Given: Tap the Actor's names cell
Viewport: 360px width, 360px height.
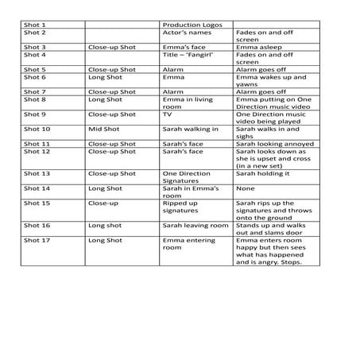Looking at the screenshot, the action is tap(186, 33).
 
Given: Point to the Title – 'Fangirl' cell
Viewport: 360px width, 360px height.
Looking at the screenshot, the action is tap(190, 55).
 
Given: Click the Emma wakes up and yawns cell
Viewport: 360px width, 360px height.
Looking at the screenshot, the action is tap(270, 81).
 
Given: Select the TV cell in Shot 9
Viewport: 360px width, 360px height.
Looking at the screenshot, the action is tap(168, 114).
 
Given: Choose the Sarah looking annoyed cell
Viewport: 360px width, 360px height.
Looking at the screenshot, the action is tap(274, 144).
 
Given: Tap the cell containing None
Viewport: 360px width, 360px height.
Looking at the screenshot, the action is tap(245, 188).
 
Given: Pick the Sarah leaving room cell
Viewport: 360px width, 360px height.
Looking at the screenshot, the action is tap(195, 226).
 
